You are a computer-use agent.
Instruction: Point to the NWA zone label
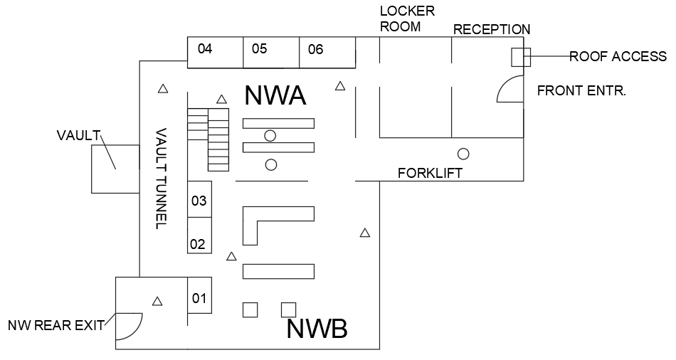coord(275,95)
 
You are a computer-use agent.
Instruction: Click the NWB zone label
coord(317,329)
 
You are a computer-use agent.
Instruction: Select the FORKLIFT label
coord(430,173)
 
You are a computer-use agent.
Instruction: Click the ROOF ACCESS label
coord(618,56)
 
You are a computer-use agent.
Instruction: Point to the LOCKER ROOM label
coord(407,18)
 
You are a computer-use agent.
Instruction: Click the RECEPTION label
coord(492,29)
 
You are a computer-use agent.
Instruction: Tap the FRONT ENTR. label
coord(581,91)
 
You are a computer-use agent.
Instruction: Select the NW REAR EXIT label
coord(56,326)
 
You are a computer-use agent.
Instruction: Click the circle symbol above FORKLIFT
coord(463,153)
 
